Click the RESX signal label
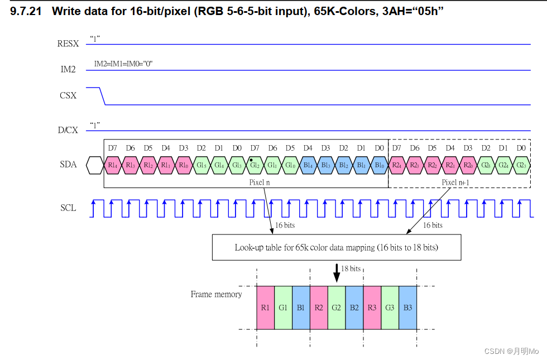click(x=68, y=44)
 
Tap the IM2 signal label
click(x=68, y=70)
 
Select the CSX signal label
click(x=68, y=95)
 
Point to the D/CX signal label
click(x=68, y=131)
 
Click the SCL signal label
click(x=68, y=208)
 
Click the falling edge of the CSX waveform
click(x=102, y=96)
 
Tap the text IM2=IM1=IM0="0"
click(x=123, y=64)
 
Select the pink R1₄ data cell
click(x=113, y=165)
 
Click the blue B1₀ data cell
click(x=379, y=165)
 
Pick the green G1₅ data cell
click(x=201, y=165)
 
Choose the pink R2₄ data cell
click(x=396, y=165)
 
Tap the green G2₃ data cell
click(x=521, y=165)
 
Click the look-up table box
click(x=336, y=247)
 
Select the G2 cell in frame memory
click(x=337, y=307)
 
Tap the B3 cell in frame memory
click(x=408, y=307)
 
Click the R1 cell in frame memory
click(x=265, y=307)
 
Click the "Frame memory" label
click(x=216, y=294)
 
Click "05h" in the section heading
click(x=425, y=11)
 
